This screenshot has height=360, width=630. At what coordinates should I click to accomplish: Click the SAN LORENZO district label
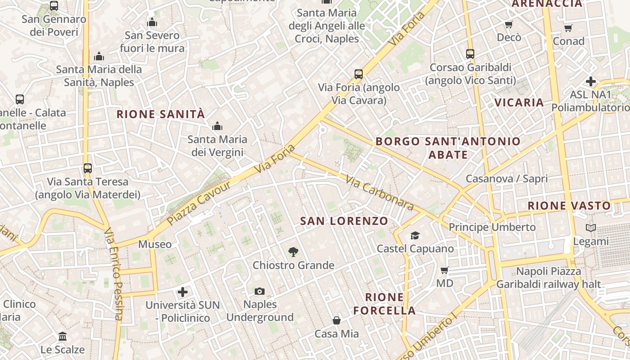344,221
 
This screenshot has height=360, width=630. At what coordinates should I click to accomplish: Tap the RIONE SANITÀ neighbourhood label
161,114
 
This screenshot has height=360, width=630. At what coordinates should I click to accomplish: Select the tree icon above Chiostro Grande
293,252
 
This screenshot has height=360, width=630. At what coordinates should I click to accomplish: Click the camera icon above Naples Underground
260,292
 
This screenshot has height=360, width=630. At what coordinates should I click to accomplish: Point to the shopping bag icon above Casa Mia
337,320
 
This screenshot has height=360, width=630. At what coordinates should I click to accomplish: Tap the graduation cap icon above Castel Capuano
415,235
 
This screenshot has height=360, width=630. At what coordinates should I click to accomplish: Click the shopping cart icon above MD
445,270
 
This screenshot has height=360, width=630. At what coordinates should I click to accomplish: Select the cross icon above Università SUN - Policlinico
183,292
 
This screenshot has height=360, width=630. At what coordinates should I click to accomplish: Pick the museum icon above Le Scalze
63,336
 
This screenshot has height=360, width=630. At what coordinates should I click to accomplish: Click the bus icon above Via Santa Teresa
88,168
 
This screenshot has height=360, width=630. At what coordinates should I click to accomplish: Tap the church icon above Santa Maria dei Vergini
217,126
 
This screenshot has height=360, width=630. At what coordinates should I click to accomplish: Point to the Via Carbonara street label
379,193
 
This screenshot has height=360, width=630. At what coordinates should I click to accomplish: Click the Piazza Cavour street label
198,203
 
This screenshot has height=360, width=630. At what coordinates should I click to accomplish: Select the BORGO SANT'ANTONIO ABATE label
448,148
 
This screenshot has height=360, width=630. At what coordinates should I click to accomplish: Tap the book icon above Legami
591,228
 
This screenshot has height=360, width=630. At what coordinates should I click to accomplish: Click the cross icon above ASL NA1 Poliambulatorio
591,81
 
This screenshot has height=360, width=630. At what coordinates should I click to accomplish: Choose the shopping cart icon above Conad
568,28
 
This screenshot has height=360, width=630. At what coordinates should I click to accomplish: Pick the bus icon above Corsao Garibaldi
470,54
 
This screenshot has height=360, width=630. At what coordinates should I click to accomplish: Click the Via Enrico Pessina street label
113,274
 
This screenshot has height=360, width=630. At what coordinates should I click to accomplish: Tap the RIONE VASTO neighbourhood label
569,206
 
